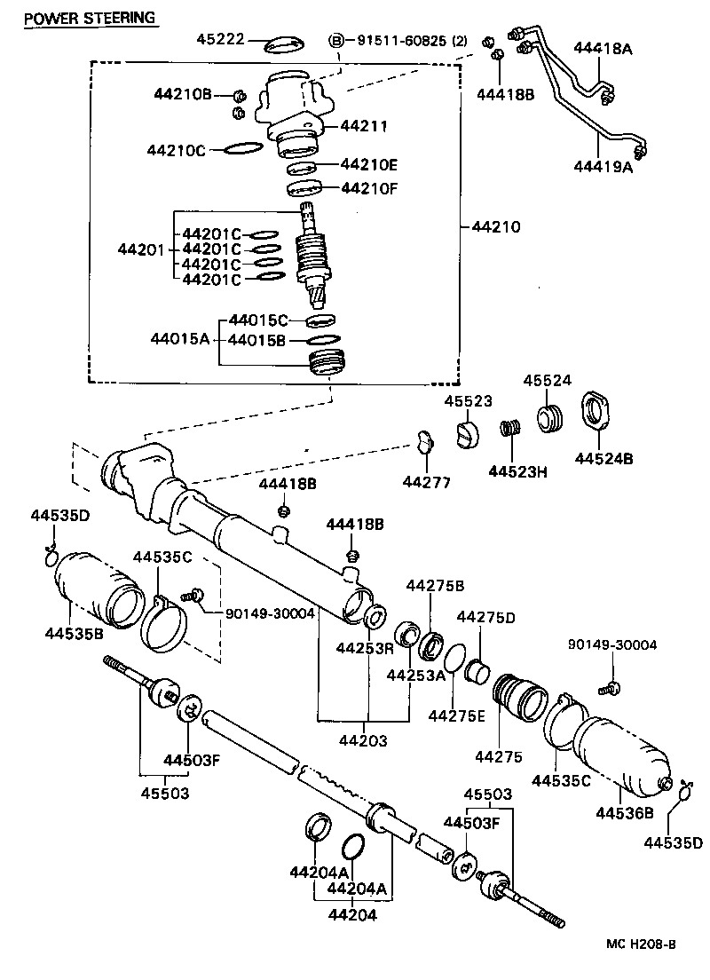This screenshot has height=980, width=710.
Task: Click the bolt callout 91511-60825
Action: [404, 41]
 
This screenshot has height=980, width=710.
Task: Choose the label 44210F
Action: [368, 187]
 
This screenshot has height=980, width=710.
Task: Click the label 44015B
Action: [257, 339]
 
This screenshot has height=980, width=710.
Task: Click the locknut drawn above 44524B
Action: [599, 412]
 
